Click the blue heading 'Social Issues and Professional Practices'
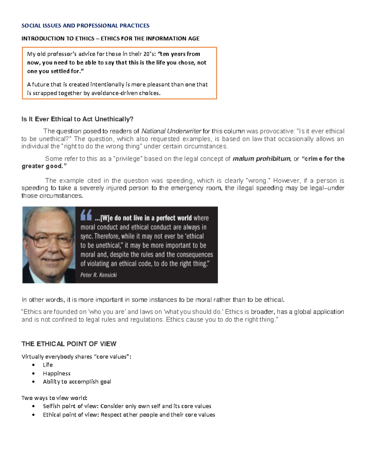85,26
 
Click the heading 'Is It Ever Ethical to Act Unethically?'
77,119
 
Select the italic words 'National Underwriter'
171,131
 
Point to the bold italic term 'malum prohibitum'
261,159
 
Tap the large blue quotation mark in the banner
86,216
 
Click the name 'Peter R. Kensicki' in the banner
98,275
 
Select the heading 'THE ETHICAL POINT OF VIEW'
69,344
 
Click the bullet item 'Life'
48,365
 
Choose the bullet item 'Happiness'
56,373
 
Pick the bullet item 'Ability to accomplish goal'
77,382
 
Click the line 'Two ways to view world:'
54,398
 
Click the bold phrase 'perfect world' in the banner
174,218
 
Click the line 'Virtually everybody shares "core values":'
76,357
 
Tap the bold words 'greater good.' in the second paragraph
44,166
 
